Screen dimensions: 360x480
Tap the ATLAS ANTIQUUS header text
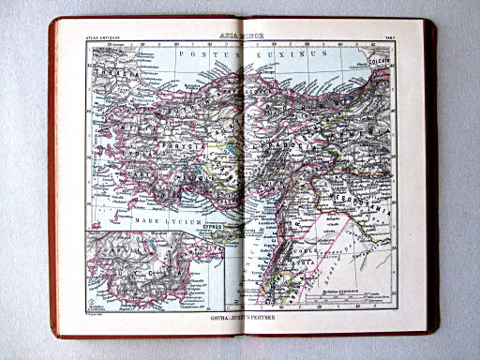coord(102,36)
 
